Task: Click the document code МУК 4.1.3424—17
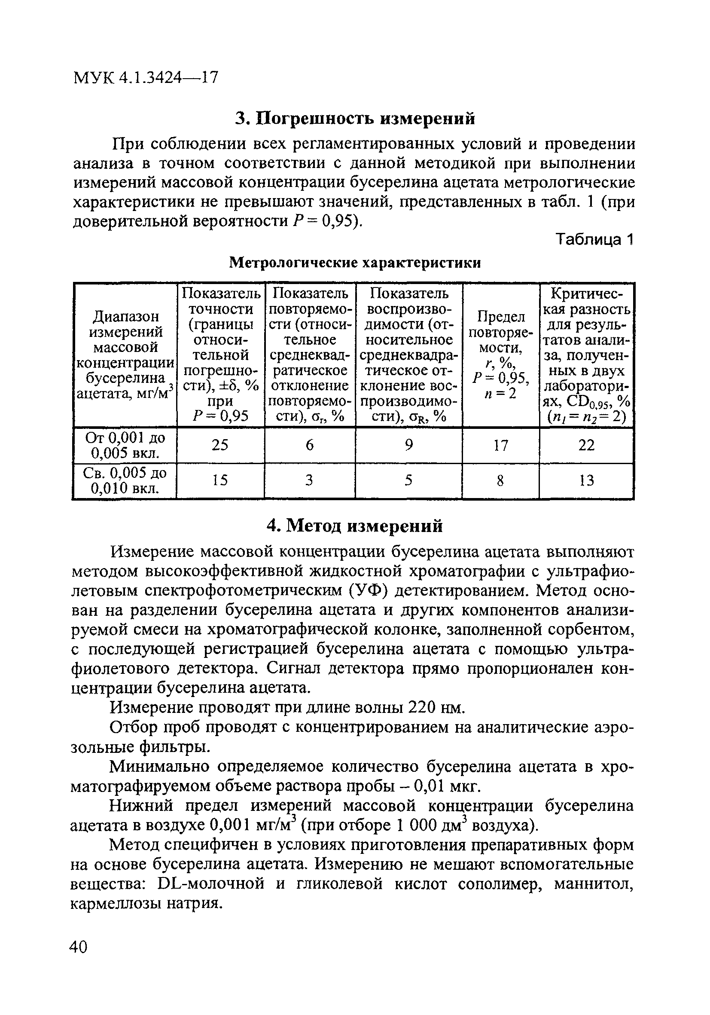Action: click(145, 78)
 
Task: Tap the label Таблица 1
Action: click(595, 239)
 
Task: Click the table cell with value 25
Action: click(220, 445)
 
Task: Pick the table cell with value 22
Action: click(586, 445)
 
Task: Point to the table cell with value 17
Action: click(500, 445)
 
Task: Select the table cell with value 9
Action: click(408, 445)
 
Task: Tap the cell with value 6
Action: click(310, 445)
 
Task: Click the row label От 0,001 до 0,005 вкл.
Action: click(125, 445)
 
